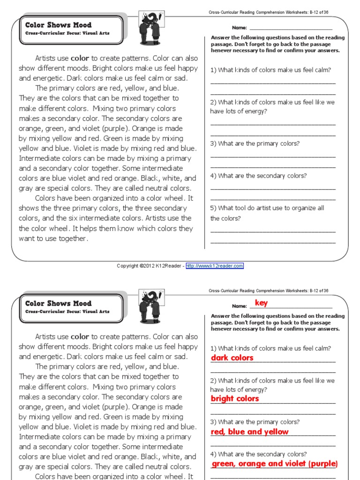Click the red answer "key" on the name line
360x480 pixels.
[261, 303]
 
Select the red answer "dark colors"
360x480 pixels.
[232, 358]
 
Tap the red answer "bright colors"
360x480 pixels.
[235, 398]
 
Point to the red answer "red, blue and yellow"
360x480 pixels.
[250, 432]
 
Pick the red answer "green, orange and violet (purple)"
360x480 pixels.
[274, 464]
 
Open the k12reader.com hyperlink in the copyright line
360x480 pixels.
[215, 266]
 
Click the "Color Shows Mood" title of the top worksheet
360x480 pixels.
[59, 25]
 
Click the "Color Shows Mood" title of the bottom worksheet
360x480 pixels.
[59, 303]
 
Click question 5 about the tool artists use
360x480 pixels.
[267, 213]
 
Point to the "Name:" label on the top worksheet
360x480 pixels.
[239, 28]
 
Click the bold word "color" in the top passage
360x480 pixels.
[80, 59]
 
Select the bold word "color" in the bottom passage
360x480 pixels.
[80, 337]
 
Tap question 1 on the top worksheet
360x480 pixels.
[270, 70]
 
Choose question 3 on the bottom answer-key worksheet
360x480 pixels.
[255, 422]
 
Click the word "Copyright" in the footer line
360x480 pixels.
[127, 266]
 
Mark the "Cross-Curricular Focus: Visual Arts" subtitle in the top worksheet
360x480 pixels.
[67, 33]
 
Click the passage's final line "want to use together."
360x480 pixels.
[53, 239]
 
